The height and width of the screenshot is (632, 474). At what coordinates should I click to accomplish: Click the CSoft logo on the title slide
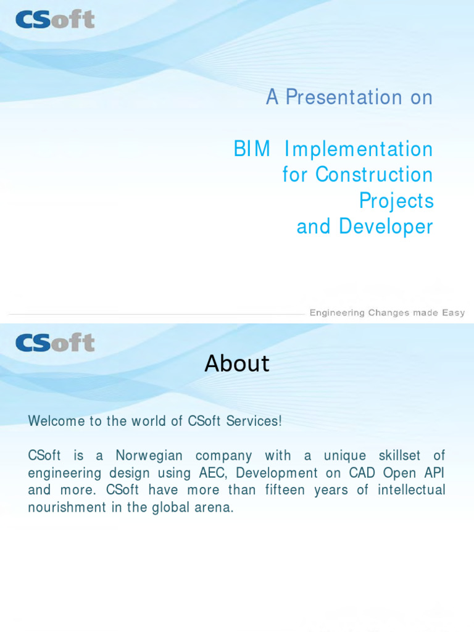55,19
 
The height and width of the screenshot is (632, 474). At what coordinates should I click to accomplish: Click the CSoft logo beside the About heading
55,342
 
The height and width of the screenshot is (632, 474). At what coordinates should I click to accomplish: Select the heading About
237,364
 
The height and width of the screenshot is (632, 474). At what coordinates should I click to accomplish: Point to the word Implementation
367,149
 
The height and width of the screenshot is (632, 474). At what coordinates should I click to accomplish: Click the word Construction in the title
374,175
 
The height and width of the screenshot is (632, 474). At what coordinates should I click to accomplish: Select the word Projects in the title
396,201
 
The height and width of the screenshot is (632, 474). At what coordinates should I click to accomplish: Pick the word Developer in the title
386,227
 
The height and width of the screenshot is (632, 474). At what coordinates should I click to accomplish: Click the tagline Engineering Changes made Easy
387,313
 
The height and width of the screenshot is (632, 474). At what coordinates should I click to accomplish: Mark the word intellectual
409,491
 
